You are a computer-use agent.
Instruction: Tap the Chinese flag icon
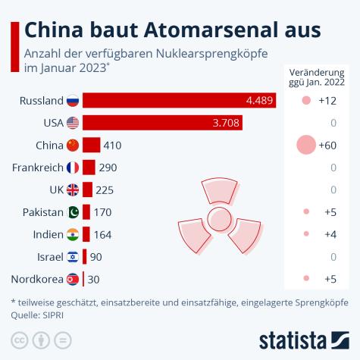[73, 145]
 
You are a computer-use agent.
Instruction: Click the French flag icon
[73, 167]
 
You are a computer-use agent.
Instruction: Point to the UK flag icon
[73, 189]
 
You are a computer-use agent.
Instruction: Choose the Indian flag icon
[73, 234]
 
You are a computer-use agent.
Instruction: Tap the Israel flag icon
[73, 256]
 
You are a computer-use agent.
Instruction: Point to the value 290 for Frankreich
[108, 167]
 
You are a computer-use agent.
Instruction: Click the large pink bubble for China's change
[305, 145]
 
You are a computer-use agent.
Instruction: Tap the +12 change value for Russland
[327, 100]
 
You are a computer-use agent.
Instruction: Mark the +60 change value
[327, 145]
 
